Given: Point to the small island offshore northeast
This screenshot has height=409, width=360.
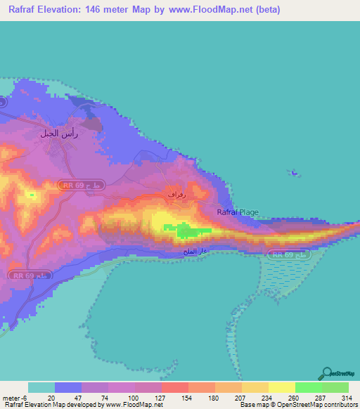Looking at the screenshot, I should (292, 173).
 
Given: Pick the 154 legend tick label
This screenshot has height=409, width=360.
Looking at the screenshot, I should (186, 396).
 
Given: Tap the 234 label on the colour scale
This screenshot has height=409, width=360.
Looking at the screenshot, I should (266, 396).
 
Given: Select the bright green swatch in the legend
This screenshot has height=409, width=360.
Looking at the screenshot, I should (308, 387).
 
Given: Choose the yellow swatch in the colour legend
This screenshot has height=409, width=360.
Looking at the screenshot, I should (281, 387).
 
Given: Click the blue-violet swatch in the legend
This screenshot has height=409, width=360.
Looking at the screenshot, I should (68, 387).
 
